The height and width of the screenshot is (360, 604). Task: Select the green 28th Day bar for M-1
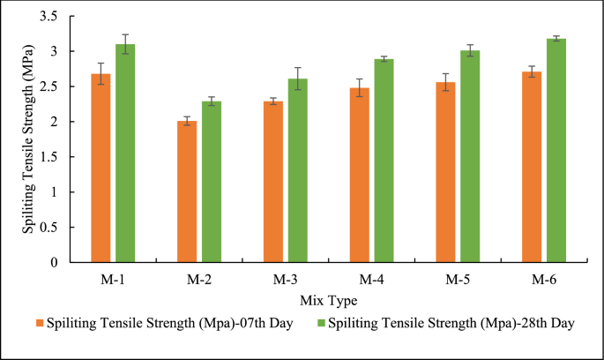125,154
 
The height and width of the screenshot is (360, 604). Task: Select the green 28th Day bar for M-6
556,150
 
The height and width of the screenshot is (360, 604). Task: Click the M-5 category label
457,281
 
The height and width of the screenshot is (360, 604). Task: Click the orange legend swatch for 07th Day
40,324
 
